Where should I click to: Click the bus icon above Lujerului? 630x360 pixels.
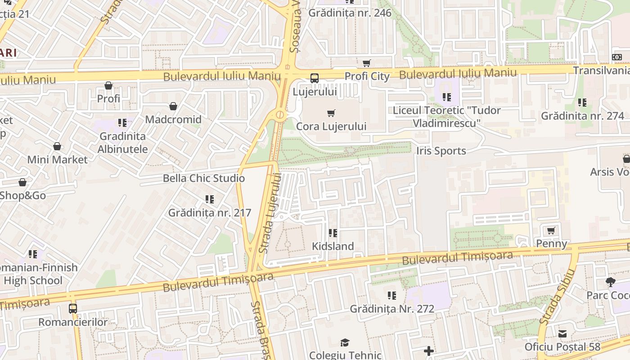tap(315, 78)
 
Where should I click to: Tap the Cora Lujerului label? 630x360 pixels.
tap(331, 126)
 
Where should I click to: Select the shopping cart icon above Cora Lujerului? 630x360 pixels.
tap(331, 113)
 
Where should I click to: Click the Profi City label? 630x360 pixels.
tap(367, 76)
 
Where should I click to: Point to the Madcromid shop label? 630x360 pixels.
tap(173, 120)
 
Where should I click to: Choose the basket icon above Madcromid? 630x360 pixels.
tap(173, 107)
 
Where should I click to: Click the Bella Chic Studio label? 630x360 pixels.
tap(204, 178)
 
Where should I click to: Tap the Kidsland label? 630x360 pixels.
tap(333, 246)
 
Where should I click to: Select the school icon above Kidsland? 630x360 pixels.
tap(333, 233)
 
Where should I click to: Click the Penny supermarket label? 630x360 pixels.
tap(551, 243)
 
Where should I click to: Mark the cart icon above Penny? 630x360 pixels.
tap(551, 231)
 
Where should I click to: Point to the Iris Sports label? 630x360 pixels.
tap(441, 151)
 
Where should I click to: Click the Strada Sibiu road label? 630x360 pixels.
tap(558, 297)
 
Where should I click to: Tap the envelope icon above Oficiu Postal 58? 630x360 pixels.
tap(562, 334)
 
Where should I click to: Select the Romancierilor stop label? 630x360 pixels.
tap(73, 322)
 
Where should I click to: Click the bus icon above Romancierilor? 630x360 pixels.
tap(73, 309)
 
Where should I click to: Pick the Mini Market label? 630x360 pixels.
tap(57, 160)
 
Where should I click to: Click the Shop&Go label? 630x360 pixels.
tap(22, 195)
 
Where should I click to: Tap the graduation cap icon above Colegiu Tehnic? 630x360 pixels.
tap(345, 343)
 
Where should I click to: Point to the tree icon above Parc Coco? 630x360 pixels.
tap(610, 282)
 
